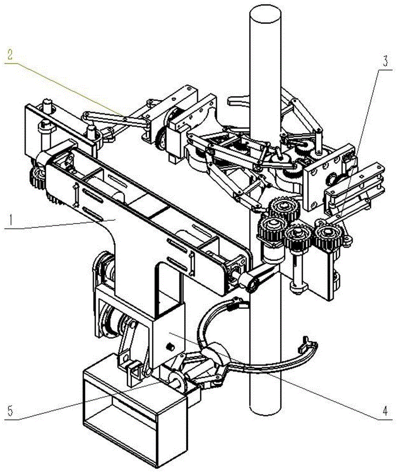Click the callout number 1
(10, 221)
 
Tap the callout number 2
(10, 55)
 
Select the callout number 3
(385, 61)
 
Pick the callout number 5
(10, 411)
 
